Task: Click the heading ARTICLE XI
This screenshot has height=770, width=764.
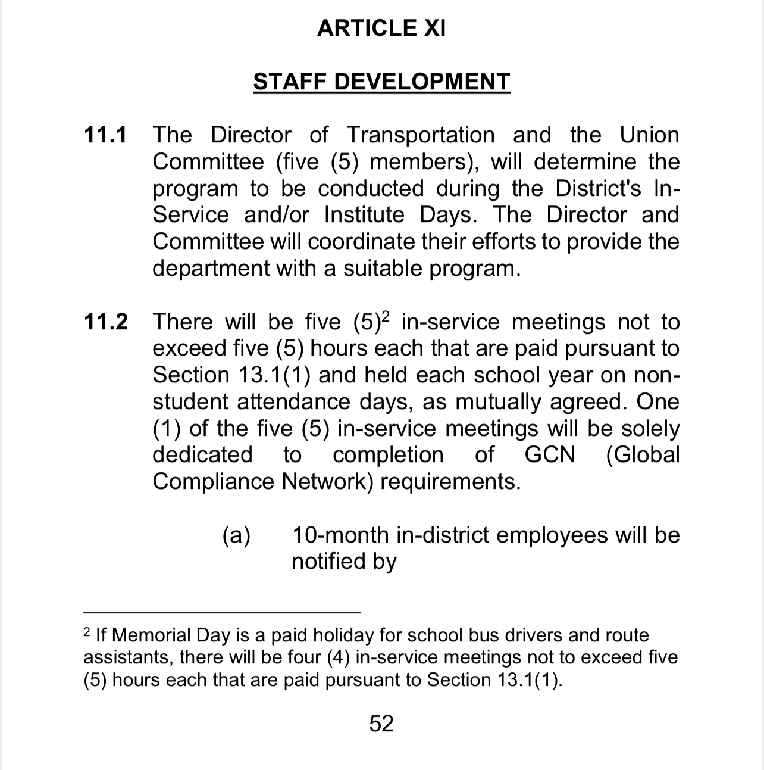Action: pos(381,28)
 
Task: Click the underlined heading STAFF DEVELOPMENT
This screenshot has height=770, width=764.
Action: pos(381,82)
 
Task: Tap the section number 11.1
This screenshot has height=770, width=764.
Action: pos(105,135)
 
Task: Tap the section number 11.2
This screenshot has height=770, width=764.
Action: pos(105,322)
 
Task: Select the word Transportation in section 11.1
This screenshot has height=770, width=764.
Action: pos(420,135)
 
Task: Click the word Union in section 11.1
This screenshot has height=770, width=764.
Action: pos(649,135)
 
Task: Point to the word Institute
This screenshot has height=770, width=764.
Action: pos(364,215)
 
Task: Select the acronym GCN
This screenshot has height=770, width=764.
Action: pos(550,455)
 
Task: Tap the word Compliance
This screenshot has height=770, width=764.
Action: pos(214,482)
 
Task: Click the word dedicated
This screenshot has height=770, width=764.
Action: pos(202,455)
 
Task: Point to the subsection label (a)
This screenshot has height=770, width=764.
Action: pos(236,535)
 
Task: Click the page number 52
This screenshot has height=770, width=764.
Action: pos(381,724)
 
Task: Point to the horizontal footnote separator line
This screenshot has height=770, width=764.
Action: pos(222,612)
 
